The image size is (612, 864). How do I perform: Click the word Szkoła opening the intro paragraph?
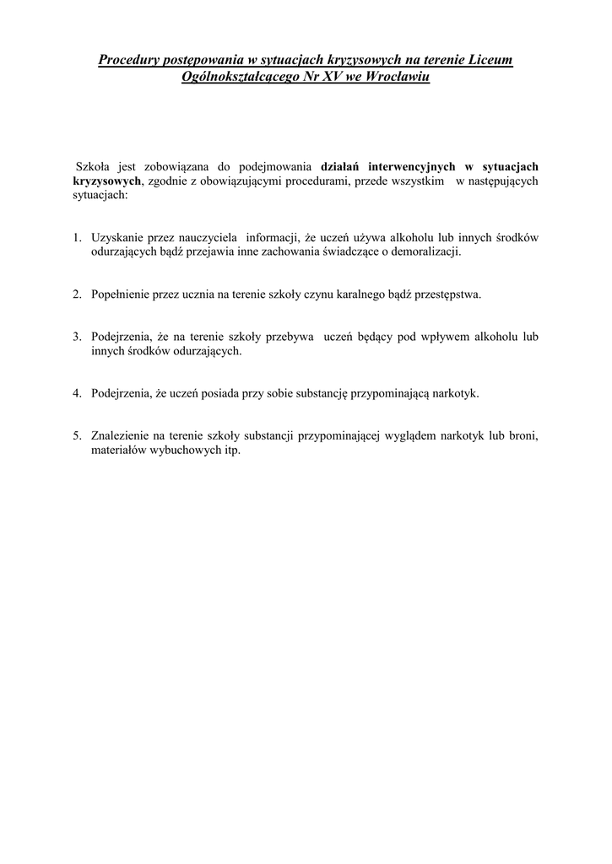pos(94,166)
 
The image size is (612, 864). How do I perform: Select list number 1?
pos(75,238)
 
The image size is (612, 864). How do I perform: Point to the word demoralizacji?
pos(426,251)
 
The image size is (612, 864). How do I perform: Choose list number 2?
pos(75,294)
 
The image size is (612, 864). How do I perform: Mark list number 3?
pos(75,337)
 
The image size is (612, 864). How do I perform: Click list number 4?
pos(75,393)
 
